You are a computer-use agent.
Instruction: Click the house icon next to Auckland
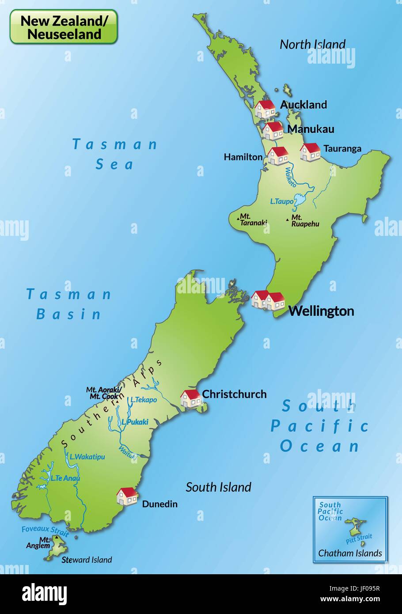(x=265, y=109)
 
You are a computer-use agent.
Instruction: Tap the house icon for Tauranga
(x=310, y=152)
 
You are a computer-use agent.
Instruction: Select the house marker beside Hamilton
(x=278, y=156)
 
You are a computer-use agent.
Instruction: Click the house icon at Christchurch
(x=190, y=398)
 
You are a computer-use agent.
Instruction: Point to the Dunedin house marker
(x=127, y=496)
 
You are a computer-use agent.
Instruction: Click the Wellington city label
(x=321, y=311)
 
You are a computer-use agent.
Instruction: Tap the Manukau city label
(x=311, y=129)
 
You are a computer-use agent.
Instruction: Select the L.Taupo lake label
(x=281, y=201)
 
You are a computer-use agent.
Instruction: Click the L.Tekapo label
(x=144, y=400)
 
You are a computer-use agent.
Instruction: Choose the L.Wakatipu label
(x=87, y=457)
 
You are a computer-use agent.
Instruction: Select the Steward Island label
(x=87, y=560)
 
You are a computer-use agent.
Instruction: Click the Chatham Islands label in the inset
(x=350, y=553)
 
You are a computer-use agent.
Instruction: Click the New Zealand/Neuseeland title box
(x=64, y=27)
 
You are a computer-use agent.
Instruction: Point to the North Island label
(x=312, y=44)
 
